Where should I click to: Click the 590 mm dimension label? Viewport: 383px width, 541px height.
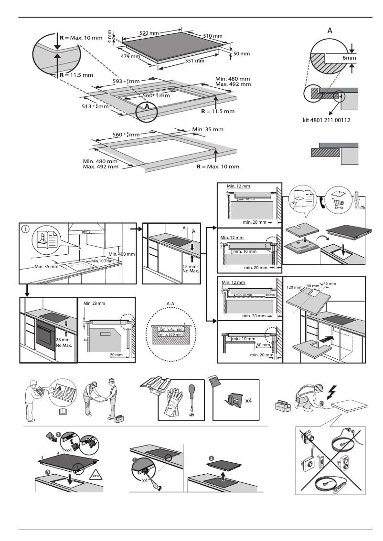[x=149, y=33]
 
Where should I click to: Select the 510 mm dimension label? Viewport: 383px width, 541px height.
[x=213, y=36]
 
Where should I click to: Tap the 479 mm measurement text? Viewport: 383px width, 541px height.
[x=130, y=57]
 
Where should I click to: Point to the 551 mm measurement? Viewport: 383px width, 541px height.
[x=194, y=61]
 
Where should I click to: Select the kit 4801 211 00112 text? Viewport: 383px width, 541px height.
[x=327, y=120]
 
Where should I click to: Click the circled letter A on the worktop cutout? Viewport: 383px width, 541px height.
[x=147, y=107]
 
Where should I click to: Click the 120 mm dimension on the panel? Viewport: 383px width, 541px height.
[x=294, y=288]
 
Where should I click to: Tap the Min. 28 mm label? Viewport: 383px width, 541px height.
[x=94, y=303]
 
